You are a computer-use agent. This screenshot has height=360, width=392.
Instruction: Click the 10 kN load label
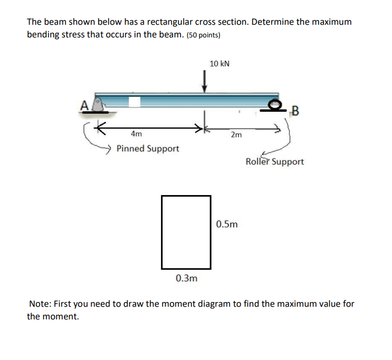pos(219,64)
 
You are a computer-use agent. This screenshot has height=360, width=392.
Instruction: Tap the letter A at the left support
pos(83,105)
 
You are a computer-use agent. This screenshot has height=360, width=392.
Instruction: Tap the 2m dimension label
pos(236,135)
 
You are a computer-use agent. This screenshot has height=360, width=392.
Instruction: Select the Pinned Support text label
pos(148,149)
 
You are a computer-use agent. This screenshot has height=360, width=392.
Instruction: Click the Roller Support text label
pos(274,162)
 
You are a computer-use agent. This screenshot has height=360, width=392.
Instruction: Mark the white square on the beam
pos(135,102)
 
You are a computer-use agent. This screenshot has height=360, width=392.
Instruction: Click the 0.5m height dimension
pos(227,225)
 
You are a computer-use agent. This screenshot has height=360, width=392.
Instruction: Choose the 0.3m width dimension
pos(186,278)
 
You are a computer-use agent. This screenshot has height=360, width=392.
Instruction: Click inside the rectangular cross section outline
pos(186,232)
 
